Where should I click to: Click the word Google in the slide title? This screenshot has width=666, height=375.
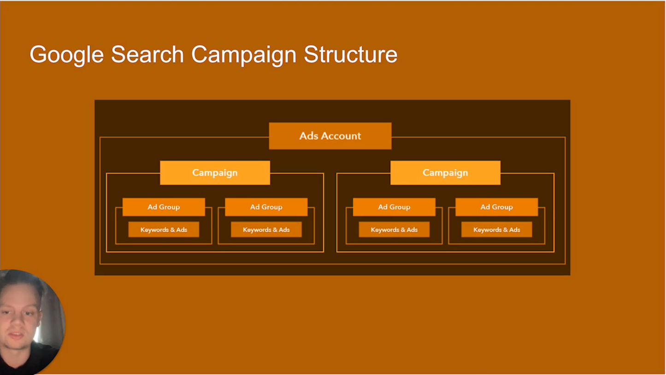pyautogui.click(x=66, y=55)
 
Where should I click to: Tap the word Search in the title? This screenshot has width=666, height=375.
pyautogui.click(x=147, y=55)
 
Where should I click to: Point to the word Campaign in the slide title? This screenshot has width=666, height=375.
pyautogui.click(x=244, y=55)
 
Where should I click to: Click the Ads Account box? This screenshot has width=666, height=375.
pyautogui.click(x=330, y=136)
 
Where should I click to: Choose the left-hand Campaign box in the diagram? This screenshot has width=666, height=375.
pyautogui.click(x=215, y=173)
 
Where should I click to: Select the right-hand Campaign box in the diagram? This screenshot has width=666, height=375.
pyautogui.click(x=445, y=173)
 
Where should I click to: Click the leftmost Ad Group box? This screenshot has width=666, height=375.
pyautogui.click(x=164, y=207)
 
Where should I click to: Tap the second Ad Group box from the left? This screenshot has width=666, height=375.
pyautogui.click(x=266, y=207)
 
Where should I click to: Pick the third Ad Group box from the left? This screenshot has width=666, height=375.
pyautogui.click(x=394, y=207)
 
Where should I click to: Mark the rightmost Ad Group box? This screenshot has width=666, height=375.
pyautogui.click(x=496, y=207)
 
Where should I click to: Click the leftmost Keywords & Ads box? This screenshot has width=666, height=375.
pyautogui.click(x=164, y=230)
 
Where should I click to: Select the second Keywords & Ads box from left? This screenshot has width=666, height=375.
pyautogui.click(x=266, y=230)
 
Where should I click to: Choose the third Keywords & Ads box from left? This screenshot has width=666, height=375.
pyautogui.click(x=394, y=230)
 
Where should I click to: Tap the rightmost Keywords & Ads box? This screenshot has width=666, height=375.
pyautogui.click(x=496, y=230)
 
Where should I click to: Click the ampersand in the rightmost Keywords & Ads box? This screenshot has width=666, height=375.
pyautogui.click(x=505, y=230)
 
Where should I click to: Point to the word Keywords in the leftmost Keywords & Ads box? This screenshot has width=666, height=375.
pyautogui.click(x=154, y=230)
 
